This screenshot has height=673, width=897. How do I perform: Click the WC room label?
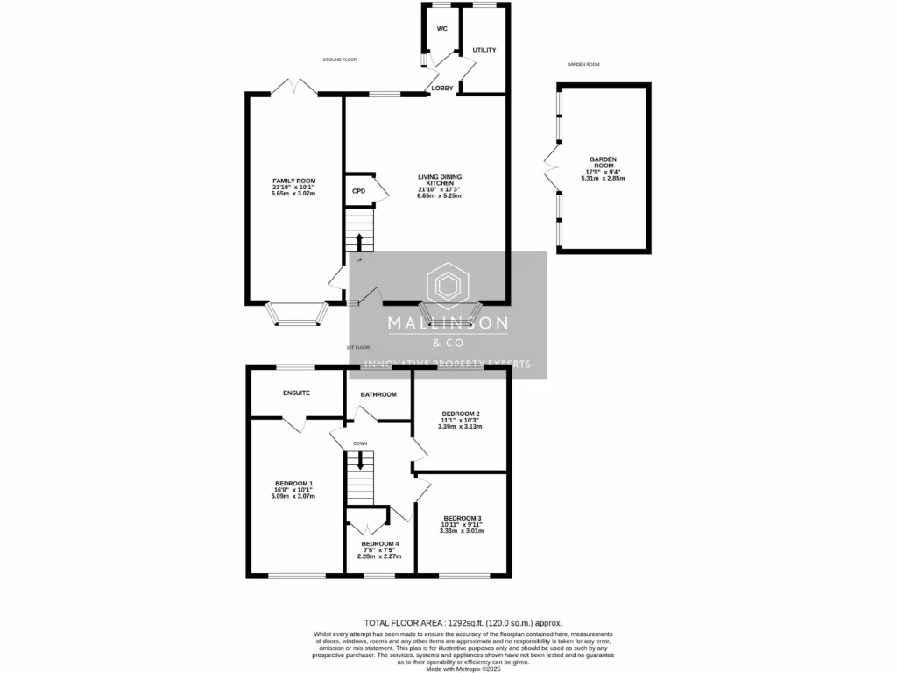coord(442,29)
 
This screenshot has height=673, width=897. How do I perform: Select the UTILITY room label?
coord(484,50)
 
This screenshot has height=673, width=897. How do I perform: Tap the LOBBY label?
coord(441,88)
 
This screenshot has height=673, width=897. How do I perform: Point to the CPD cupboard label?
coord(358,191)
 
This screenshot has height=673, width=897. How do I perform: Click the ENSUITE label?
coord(296,393)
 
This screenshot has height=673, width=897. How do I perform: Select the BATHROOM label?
coord(378,394)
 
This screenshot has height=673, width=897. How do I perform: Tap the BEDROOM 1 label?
coord(293,484)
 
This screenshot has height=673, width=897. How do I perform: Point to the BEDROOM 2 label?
coord(460,414)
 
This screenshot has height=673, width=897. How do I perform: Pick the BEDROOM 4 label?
coord(379,543)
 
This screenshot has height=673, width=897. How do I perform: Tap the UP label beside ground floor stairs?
coord(359,259)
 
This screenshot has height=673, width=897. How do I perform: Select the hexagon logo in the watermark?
coord(448,286)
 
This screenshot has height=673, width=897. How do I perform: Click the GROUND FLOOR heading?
coord(339,60)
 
